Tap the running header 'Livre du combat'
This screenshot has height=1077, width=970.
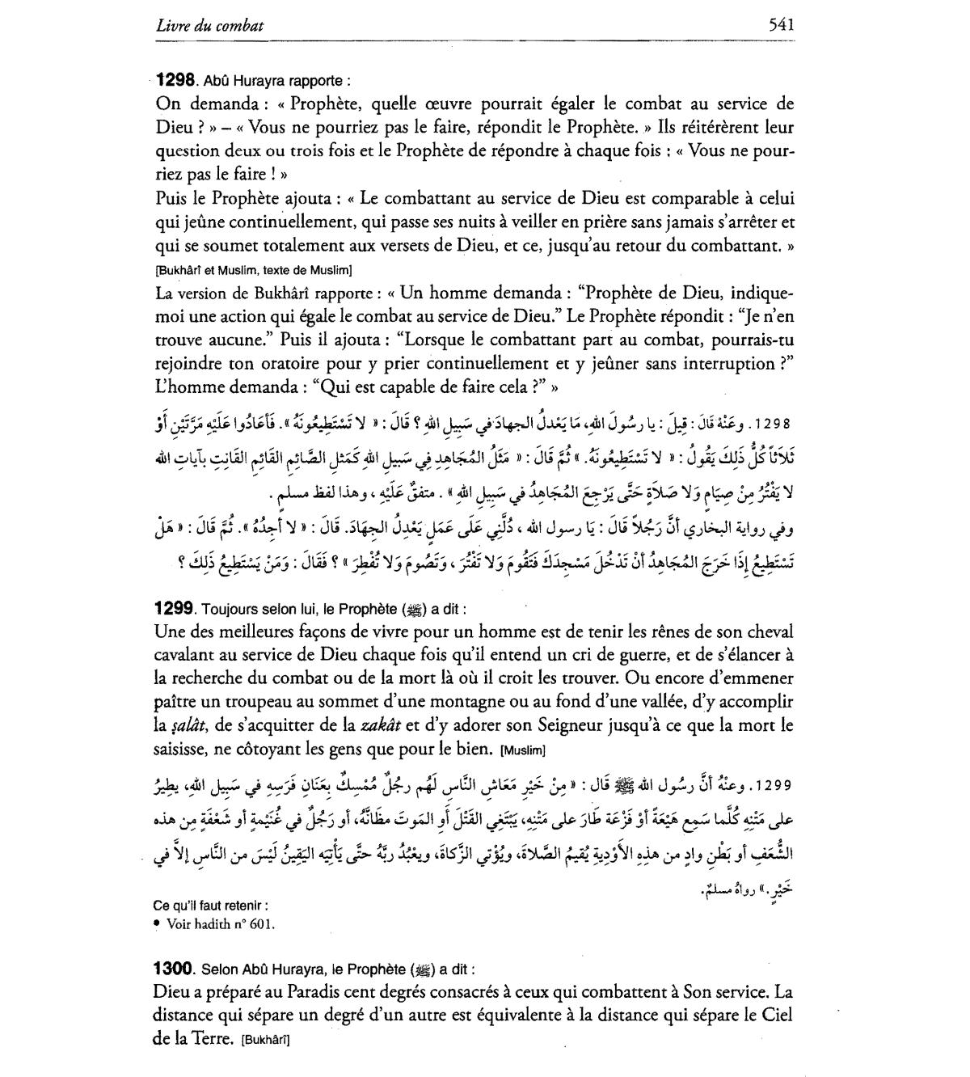[x=209, y=26]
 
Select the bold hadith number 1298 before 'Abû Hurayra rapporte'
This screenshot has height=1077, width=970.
[x=175, y=80]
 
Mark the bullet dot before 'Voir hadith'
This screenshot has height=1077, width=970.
[x=157, y=923]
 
